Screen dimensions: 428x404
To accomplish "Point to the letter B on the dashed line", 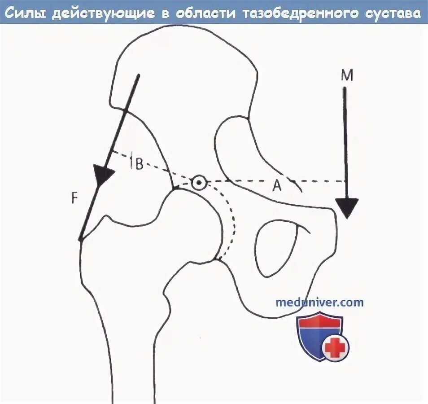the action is coord(139,164).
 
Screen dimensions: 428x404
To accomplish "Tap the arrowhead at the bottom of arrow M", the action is coord(347,207).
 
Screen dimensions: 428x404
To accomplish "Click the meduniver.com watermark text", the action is coord(320,302).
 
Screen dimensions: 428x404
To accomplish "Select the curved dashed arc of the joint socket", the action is coord(231,224).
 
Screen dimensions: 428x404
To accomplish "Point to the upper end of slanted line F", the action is coord(139,75).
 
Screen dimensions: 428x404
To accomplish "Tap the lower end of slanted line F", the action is coord(81,240).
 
